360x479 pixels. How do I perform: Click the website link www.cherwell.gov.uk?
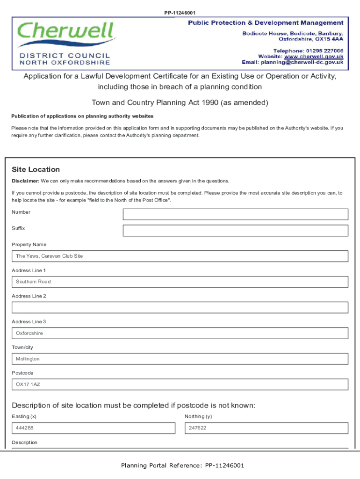(314, 56)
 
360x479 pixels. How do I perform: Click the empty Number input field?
(235, 214)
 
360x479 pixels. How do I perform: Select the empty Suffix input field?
(235, 231)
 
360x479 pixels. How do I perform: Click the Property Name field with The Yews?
(180, 256)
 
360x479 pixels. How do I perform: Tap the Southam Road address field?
(180, 282)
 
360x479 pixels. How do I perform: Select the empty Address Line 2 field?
(180, 307)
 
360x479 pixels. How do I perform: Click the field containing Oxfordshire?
(180, 333)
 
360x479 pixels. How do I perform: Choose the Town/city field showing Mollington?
(180, 359)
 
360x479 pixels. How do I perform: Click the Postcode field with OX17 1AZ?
(180, 385)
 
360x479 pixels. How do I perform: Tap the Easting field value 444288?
(94, 428)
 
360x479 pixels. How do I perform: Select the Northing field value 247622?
(266, 428)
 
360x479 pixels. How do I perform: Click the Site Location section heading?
(36, 169)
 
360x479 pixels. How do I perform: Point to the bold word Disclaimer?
(25, 181)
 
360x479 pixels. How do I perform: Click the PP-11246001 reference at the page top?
(180, 13)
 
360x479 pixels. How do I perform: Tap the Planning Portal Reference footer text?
(182, 465)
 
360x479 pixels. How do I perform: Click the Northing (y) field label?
(198, 416)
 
